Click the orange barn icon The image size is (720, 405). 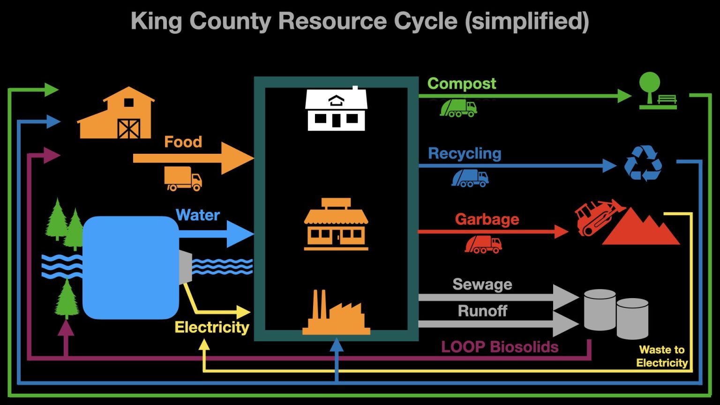[x=116, y=114]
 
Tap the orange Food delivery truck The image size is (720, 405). [x=183, y=179]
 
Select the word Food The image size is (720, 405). [x=183, y=142]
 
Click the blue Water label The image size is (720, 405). [x=197, y=215]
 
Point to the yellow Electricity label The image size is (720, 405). [x=211, y=327]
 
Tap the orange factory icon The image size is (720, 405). [x=336, y=314]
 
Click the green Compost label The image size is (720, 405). [x=461, y=83]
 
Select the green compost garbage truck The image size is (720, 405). [x=458, y=108]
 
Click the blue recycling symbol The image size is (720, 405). [x=643, y=163]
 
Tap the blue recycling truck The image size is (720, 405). [x=470, y=178]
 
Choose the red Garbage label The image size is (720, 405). [x=487, y=219]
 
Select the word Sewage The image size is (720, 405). [x=482, y=285]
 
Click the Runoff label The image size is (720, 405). [x=482, y=311]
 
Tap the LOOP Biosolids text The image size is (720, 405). [x=500, y=347]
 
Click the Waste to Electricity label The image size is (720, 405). [x=661, y=356]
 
